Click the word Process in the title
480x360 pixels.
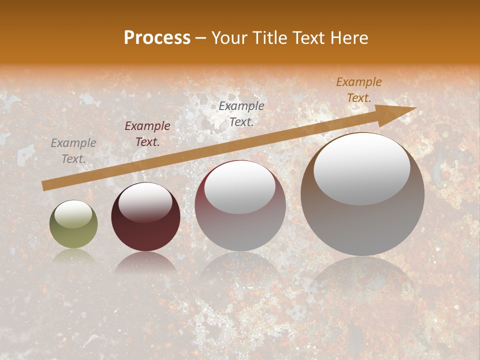157,38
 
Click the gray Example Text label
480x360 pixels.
73,151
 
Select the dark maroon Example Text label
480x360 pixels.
147,134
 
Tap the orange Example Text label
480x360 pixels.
359,90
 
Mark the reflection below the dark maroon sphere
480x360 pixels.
145,262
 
